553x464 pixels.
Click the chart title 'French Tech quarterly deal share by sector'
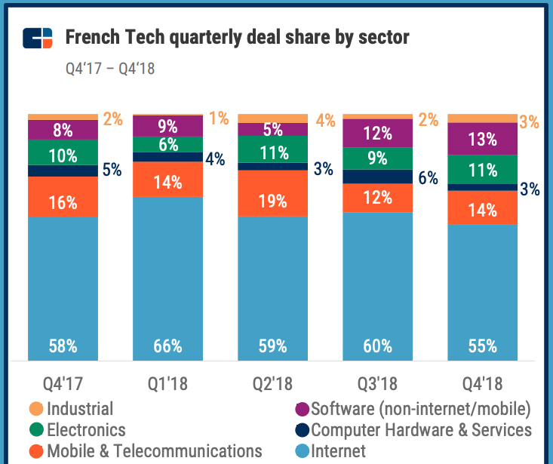point(237,37)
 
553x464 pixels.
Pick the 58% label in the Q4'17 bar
point(63,346)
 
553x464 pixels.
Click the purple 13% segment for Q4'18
point(482,139)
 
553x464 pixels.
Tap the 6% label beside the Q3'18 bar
point(428,178)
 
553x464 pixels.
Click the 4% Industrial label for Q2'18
point(325,120)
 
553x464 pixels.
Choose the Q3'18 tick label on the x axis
point(376,384)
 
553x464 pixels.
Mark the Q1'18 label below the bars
point(167,384)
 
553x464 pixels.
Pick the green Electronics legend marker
point(35,431)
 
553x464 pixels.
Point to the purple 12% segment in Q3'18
point(377,134)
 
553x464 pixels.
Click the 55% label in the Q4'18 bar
point(482,346)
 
